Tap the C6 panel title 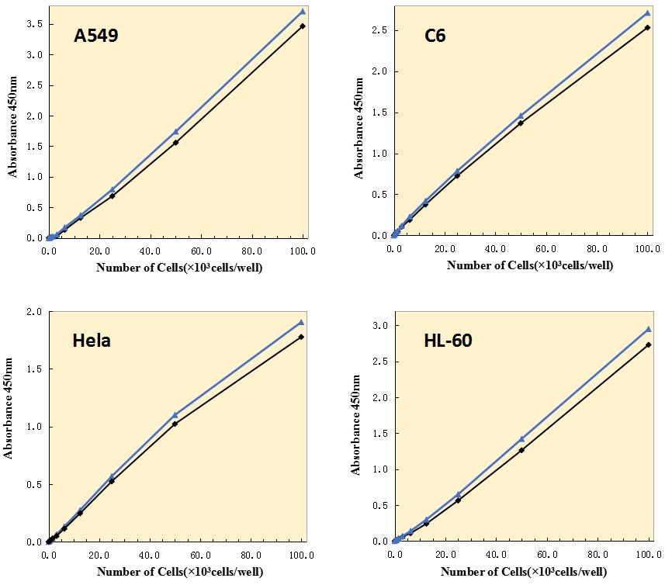435,36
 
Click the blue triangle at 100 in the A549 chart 303,12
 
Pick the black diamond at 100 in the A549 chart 303,26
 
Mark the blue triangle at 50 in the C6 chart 521,116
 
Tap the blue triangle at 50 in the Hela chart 175,415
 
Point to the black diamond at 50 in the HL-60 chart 521,450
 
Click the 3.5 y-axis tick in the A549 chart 35,25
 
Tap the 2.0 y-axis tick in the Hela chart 35,312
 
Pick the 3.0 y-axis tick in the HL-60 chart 381,326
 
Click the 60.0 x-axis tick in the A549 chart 201,251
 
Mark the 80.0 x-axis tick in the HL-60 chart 598,556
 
